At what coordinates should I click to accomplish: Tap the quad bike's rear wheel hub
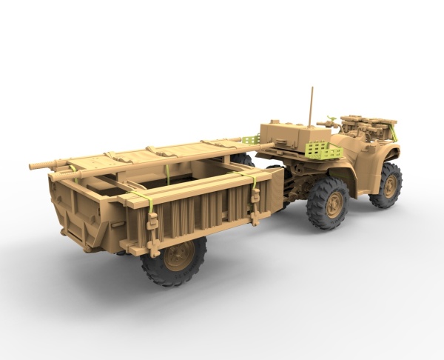click(x=332, y=201)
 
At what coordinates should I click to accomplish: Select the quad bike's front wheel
click(x=387, y=184)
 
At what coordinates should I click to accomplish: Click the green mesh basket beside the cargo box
click(x=324, y=150)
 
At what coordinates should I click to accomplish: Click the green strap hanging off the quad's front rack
click(x=394, y=133)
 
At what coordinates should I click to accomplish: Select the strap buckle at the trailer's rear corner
click(x=152, y=222)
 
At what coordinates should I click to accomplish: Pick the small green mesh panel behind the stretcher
click(x=250, y=140)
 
